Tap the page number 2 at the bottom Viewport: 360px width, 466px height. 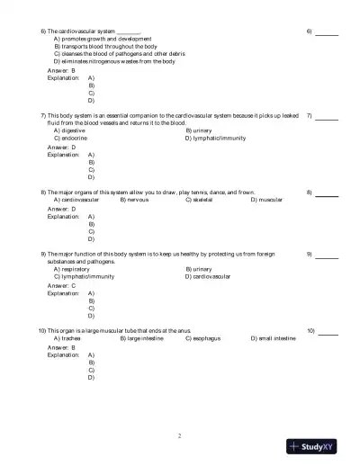click(180, 435)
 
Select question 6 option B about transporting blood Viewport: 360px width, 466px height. click(105, 46)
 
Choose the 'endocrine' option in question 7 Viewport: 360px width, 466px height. click(71, 139)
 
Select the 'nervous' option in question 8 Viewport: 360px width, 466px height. click(137, 200)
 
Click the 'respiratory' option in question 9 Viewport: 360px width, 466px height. click(72, 269)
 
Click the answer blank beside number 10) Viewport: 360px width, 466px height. click(328, 333)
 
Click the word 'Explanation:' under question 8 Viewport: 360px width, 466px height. click(63, 217)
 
